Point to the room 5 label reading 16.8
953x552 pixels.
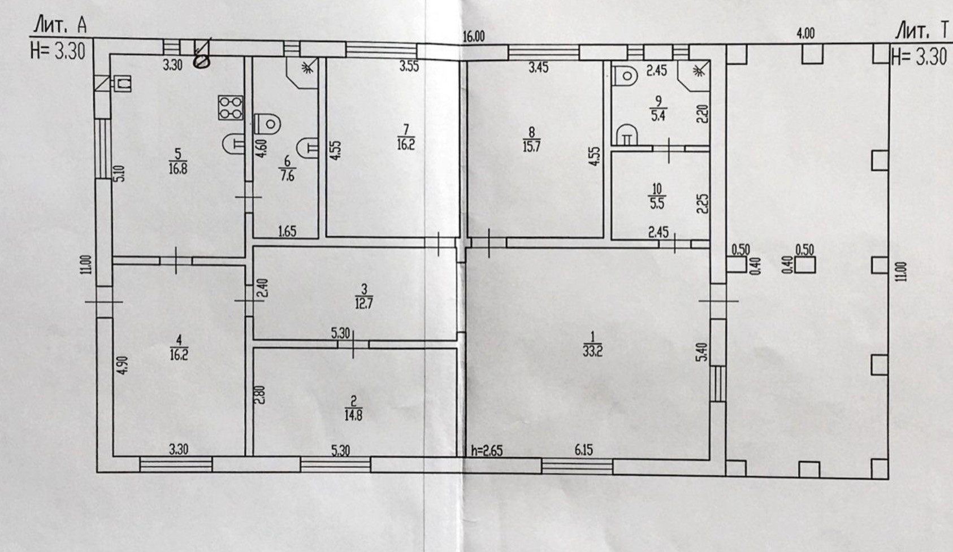pos(177,161)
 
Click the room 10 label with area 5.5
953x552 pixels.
pos(656,196)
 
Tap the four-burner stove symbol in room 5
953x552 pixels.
pos(231,107)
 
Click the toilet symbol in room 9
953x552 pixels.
pos(626,74)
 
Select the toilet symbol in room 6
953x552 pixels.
pos(267,123)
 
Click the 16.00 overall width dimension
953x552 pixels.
pos(474,37)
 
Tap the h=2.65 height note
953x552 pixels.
pos(486,451)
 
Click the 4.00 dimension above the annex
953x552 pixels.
pos(805,33)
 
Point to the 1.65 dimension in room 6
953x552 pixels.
pos(287,231)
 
